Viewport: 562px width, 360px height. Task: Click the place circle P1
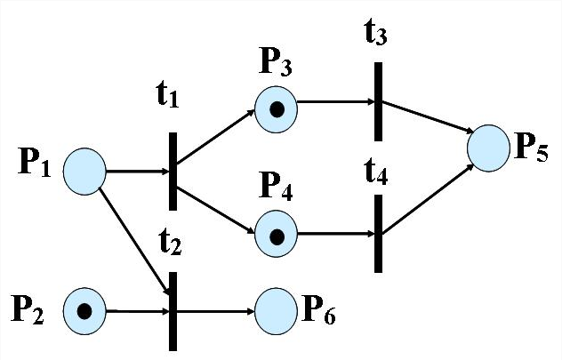84,169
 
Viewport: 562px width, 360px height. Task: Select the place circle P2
84,310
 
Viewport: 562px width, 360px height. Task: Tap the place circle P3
277,109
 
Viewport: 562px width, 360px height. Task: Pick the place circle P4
277,236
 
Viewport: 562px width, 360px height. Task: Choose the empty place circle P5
488,148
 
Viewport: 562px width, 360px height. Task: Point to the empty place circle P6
277,310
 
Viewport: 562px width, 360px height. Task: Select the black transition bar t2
173,310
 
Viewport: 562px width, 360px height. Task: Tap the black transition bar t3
379,101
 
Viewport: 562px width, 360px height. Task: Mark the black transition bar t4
379,233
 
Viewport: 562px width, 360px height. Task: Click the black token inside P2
84,311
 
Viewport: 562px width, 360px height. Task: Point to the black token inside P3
277,110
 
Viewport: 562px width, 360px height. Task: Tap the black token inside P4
277,236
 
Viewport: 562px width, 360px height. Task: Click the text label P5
530,147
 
